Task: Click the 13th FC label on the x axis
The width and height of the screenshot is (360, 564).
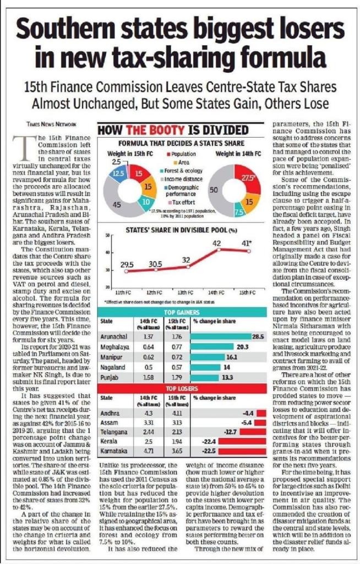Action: [186, 292]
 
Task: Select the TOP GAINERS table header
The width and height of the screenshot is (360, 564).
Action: [185, 311]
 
